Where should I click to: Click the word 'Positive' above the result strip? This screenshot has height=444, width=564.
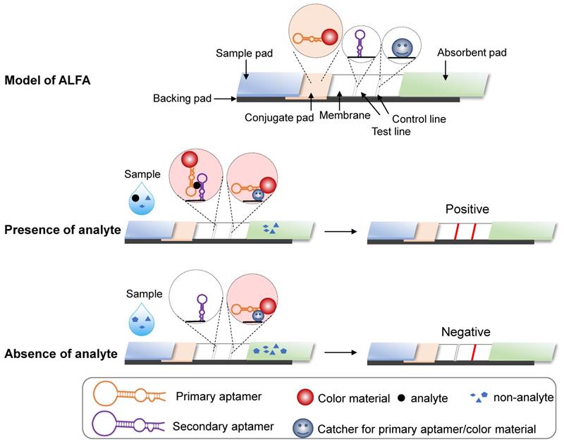467,209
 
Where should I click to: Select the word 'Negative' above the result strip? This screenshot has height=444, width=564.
465,331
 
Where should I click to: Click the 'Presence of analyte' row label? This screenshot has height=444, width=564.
61,230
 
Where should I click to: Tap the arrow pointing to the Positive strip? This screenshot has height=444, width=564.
338,230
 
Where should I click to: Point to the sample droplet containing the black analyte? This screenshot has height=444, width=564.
140,200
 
